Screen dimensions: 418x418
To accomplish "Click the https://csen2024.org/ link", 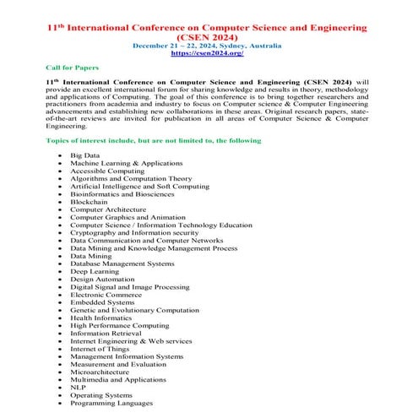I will pos(207,52).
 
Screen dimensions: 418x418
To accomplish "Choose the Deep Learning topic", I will pos(95,271).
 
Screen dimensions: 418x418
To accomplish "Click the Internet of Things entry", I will pos(100,348).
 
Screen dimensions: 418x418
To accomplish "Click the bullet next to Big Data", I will pos(59,156).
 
